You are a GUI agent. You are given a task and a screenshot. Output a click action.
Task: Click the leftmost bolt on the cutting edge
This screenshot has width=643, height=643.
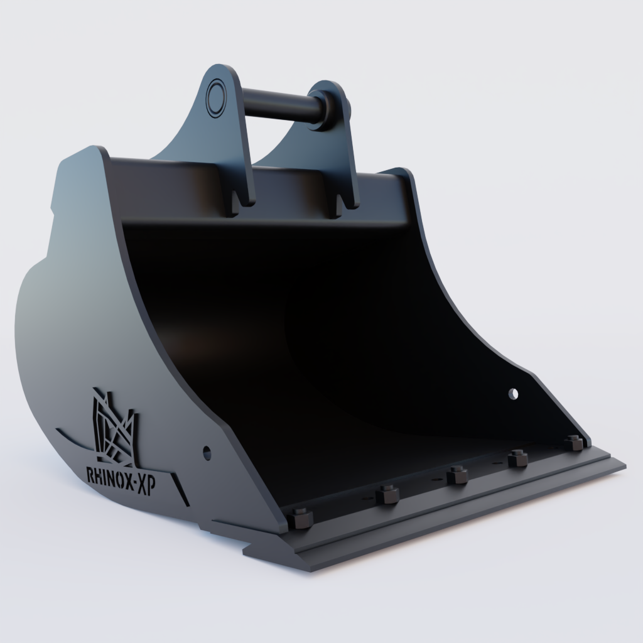(301, 519)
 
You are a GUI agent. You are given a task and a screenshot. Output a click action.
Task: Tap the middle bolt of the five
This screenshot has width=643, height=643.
(457, 474)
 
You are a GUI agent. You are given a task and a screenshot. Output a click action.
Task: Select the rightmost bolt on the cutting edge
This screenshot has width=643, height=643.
(573, 441)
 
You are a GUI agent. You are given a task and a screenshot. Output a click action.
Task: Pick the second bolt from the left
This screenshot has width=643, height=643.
(387, 495)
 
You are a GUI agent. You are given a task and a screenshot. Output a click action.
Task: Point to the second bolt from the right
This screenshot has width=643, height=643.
(517, 458)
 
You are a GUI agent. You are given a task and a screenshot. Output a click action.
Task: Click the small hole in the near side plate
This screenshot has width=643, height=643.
(207, 451)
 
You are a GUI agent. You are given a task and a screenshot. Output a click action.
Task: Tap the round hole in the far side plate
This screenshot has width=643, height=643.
(514, 394)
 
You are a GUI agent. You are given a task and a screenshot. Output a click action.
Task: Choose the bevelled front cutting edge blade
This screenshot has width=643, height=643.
(458, 515)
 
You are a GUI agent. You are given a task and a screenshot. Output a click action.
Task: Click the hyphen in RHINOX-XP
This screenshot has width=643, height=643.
(133, 483)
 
